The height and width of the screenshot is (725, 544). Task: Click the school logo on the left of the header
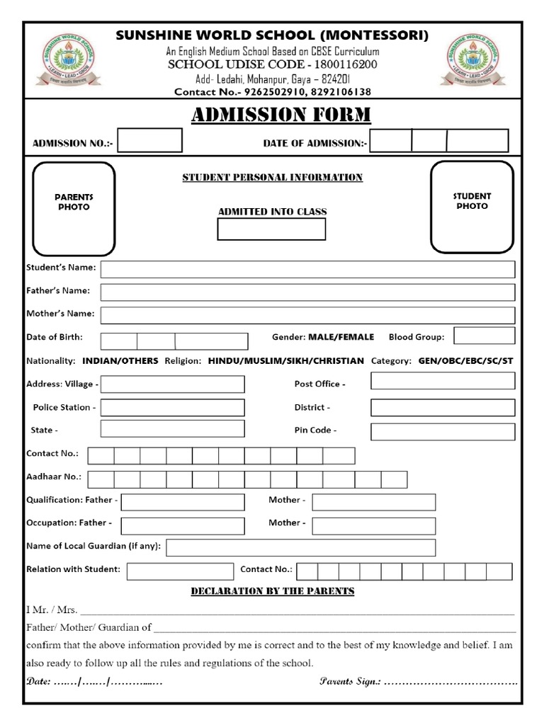point(68,60)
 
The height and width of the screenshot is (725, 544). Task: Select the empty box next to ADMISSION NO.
point(149,140)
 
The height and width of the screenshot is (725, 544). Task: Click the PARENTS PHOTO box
point(74,208)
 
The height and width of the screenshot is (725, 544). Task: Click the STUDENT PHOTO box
point(472,206)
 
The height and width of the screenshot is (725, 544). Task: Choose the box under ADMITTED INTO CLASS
point(271,229)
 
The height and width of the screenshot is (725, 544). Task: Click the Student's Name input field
point(307,270)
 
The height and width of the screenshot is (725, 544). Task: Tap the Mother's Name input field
point(307,315)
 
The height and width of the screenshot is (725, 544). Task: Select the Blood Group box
point(484,336)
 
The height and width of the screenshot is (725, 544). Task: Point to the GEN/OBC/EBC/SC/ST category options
point(465,361)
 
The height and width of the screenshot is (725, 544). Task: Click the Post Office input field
point(443,381)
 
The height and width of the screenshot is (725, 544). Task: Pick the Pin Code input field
point(443,432)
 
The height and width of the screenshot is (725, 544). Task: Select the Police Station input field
point(172,408)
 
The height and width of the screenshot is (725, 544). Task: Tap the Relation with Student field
point(180,571)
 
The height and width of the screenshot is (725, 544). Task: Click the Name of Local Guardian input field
point(300,547)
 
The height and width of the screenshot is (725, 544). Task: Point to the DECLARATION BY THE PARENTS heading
point(273,591)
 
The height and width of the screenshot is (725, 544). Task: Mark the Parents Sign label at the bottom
point(351,682)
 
